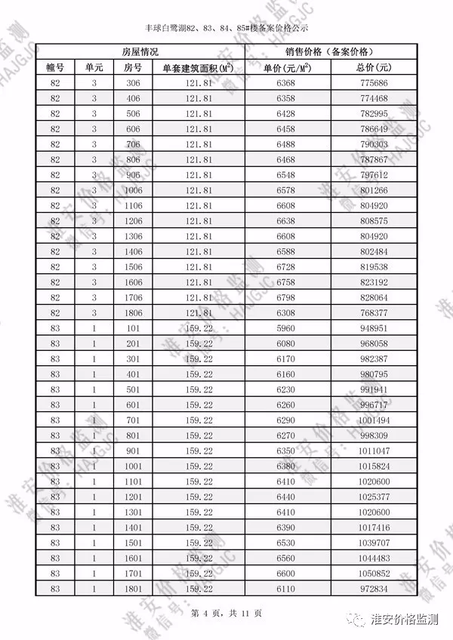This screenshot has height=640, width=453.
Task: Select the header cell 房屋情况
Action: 140,52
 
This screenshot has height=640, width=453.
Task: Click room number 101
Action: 133,328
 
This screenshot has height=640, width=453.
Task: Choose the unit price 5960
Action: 286,328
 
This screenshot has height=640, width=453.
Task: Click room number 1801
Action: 133,588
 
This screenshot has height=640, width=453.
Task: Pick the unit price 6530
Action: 286,543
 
